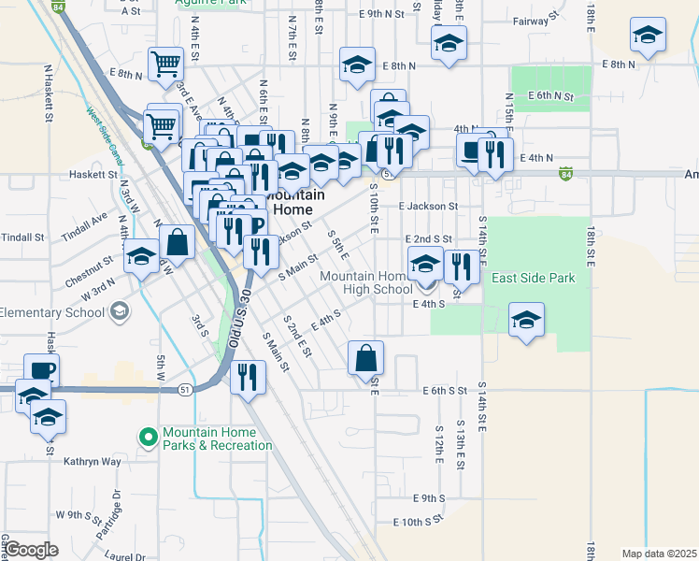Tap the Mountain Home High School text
click(x=364, y=282)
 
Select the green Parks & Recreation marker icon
click(x=148, y=436)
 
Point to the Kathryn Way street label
click(x=93, y=461)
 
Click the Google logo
click(x=31, y=549)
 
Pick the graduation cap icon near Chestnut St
click(x=140, y=255)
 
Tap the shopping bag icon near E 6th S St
click(x=366, y=356)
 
